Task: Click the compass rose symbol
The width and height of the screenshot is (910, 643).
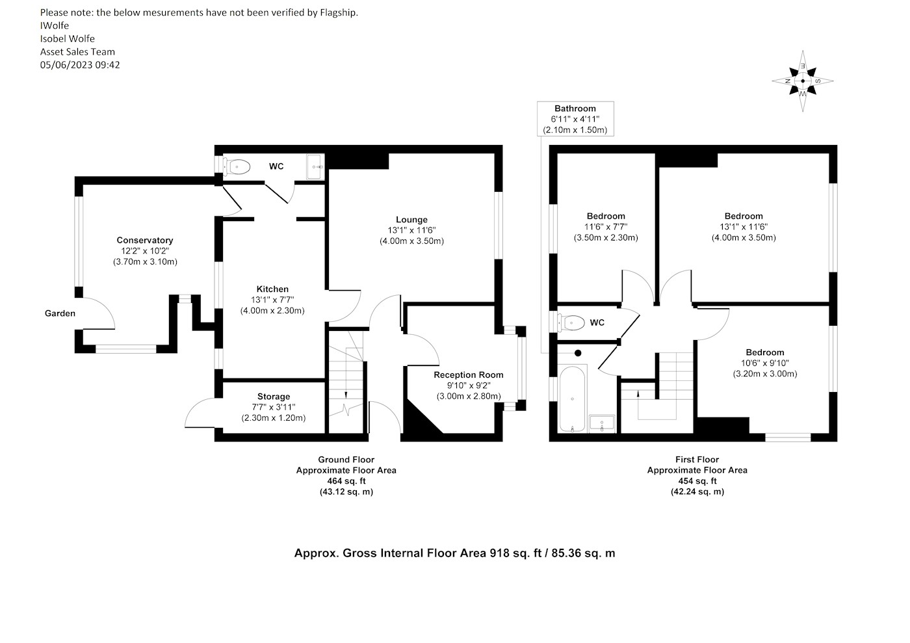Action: [802, 81]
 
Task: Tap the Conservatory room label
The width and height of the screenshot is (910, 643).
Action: [144, 240]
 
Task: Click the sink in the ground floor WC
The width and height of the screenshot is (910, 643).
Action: [315, 166]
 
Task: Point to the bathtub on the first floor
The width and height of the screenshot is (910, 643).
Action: [573, 399]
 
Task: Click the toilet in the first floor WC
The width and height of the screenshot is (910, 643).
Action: [571, 322]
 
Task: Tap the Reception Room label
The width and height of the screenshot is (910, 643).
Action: [469, 374]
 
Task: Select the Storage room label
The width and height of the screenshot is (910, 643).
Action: [274, 397]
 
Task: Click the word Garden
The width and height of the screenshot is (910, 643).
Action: [60, 313]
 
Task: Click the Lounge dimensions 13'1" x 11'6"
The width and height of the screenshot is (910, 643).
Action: [411, 230]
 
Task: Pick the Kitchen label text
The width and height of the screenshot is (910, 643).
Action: [272, 289]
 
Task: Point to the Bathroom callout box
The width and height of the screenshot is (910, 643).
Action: [575, 119]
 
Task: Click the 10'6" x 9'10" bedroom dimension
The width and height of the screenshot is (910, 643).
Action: [765, 363]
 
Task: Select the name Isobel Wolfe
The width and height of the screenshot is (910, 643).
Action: [68, 38]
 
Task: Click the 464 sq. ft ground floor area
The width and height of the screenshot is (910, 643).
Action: [346, 481]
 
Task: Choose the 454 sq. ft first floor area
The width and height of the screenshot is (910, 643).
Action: [697, 481]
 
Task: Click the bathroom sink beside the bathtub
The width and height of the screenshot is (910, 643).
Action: [602, 424]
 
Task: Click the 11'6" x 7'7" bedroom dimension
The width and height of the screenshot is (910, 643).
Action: [606, 227]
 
